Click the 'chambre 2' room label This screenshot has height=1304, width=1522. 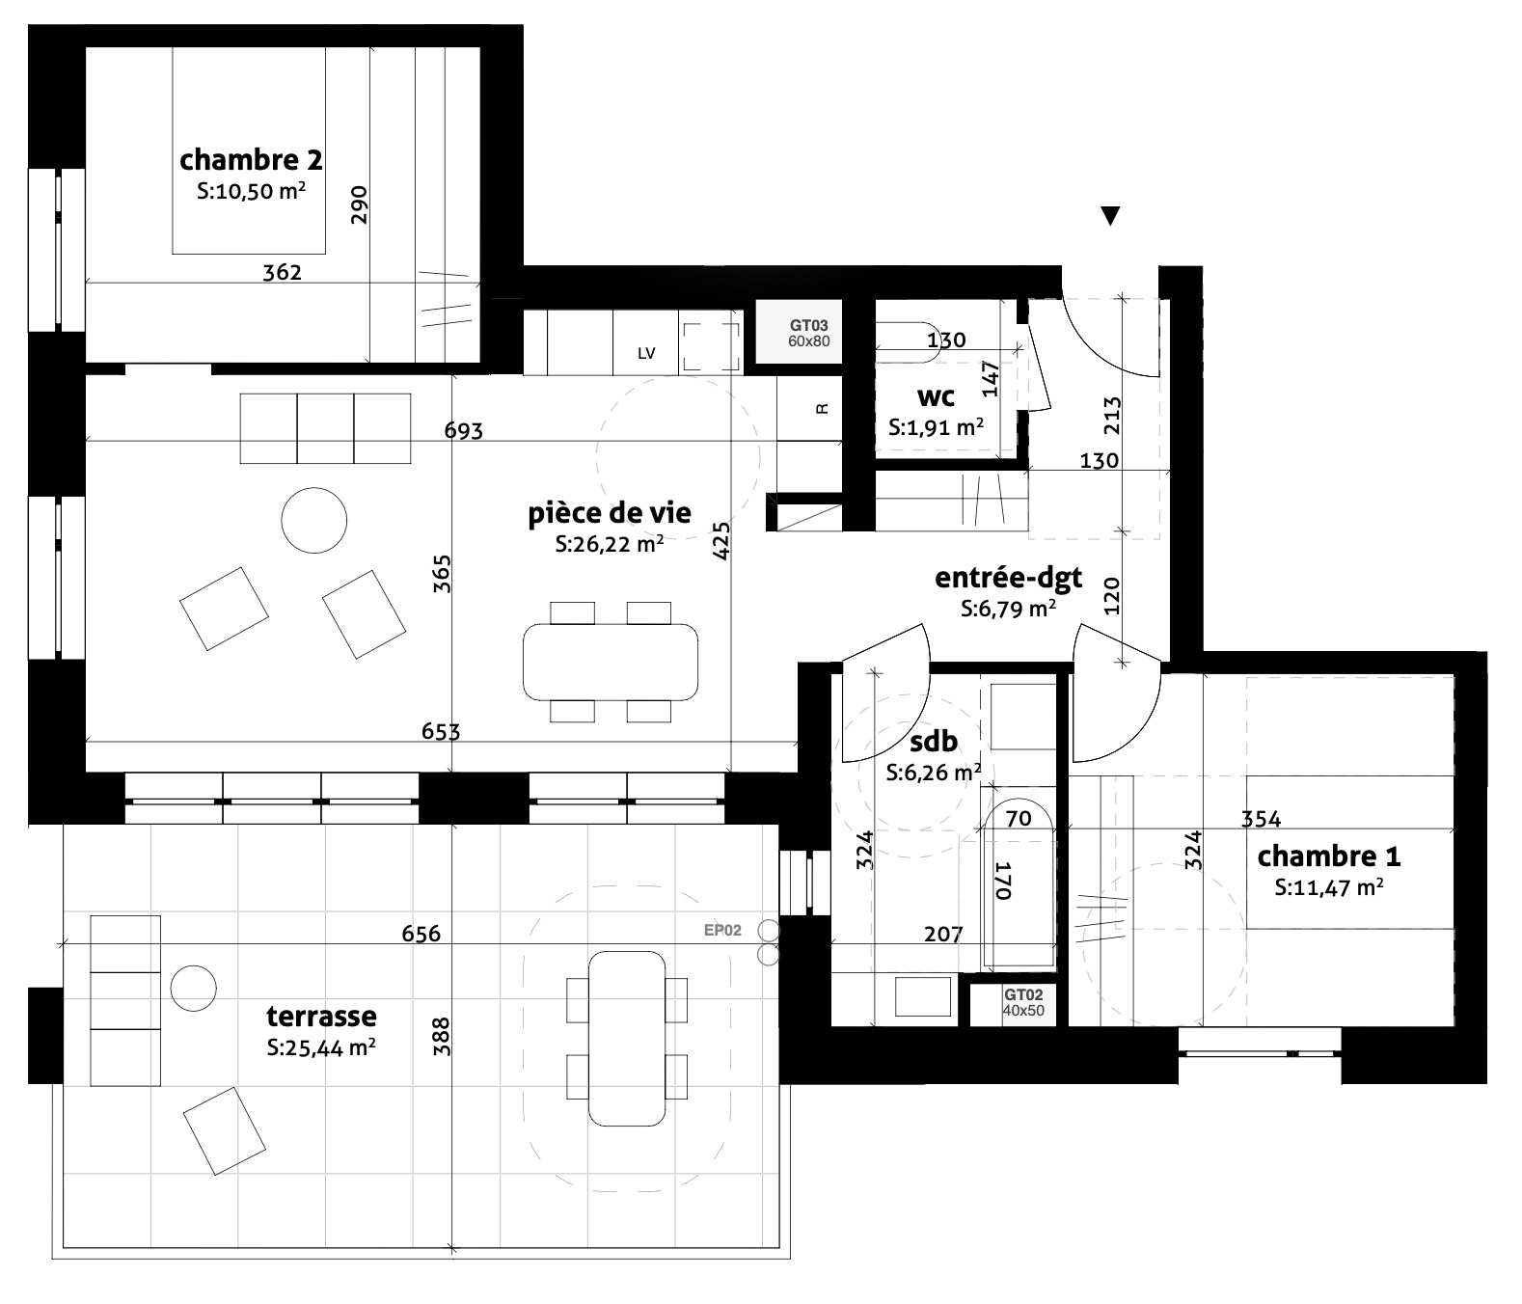[x=251, y=160]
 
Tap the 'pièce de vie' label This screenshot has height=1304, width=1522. [x=610, y=513]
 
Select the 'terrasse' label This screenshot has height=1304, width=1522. [x=321, y=1017]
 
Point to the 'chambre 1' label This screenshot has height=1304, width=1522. [x=1328, y=856]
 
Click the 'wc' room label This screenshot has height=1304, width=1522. [x=936, y=397]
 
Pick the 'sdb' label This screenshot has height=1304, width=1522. [x=934, y=741]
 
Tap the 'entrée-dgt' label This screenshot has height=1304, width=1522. [x=1008, y=578]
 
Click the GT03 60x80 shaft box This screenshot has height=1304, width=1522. [x=808, y=332]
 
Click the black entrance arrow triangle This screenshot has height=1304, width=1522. [x=1110, y=215]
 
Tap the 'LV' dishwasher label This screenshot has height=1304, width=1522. [x=646, y=353]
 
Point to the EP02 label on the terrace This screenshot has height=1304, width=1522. [x=722, y=930]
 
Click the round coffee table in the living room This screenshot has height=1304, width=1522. [x=313, y=520]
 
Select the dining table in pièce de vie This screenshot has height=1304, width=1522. [x=611, y=662]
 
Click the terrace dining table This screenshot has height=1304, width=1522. [x=627, y=1039]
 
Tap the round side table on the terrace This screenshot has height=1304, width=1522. [x=194, y=989]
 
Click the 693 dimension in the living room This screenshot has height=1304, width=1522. [x=463, y=431]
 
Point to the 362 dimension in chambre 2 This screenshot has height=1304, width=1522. [x=282, y=273]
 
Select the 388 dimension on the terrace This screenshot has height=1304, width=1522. [x=441, y=1037]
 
